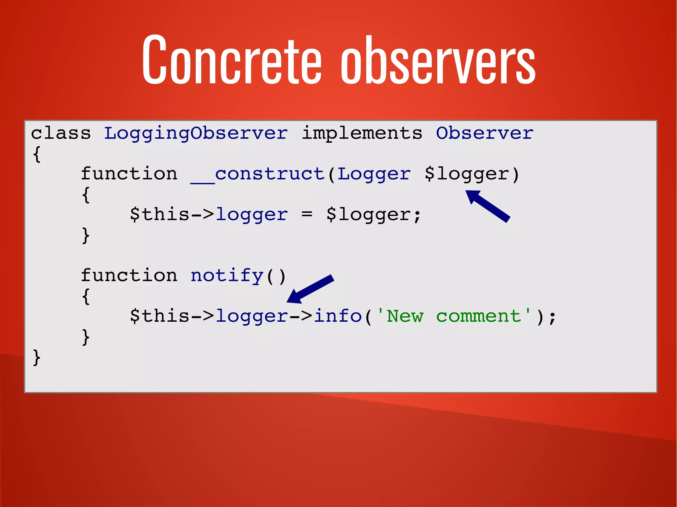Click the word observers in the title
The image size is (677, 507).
(438, 61)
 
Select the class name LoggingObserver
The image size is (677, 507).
(196, 134)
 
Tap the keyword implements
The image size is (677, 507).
(362, 134)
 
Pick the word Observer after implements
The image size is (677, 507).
(484, 133)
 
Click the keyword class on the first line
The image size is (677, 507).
(61, 133)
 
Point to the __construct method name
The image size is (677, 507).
(258, 174)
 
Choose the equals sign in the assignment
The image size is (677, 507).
(307, 215)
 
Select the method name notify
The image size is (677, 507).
(227, 276)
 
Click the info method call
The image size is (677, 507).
(338, 316)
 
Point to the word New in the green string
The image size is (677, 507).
(405, 316)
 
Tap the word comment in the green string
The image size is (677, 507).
(478, 316)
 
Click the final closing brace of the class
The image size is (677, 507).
(37, 358)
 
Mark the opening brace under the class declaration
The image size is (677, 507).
(37, 154)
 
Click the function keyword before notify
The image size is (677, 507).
(129, 275)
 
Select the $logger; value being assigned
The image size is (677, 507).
(374, 215)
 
